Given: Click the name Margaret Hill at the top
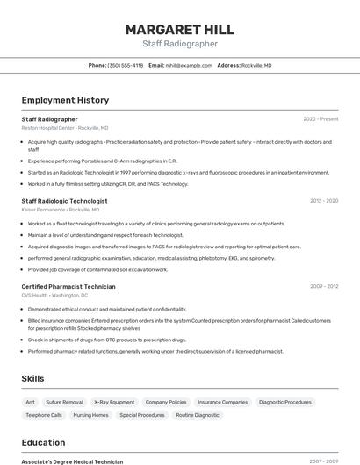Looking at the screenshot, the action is (180, 29).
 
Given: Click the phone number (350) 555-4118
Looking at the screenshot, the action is (125, 65).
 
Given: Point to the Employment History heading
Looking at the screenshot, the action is (65, 100).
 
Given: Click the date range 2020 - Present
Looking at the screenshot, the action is (320, 118).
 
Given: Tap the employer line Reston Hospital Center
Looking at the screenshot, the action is (65, 127).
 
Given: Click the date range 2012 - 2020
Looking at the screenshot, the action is (323, 201).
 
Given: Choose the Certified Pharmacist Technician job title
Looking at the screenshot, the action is (68, 286).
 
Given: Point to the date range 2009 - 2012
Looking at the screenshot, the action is (323, 286).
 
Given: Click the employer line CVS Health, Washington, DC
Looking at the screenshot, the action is (54, 295).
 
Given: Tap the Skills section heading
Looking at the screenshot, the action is (33, 378).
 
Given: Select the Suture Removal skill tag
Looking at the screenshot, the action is (64, 402).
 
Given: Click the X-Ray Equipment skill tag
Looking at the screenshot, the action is (114, 402).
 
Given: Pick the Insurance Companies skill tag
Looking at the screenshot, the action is (222, 402).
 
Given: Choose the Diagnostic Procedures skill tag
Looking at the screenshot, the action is (285, 402).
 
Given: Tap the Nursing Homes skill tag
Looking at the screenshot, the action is (90, 415).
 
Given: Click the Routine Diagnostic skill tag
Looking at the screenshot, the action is (198, 415).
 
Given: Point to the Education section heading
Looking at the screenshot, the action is (43, 442).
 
